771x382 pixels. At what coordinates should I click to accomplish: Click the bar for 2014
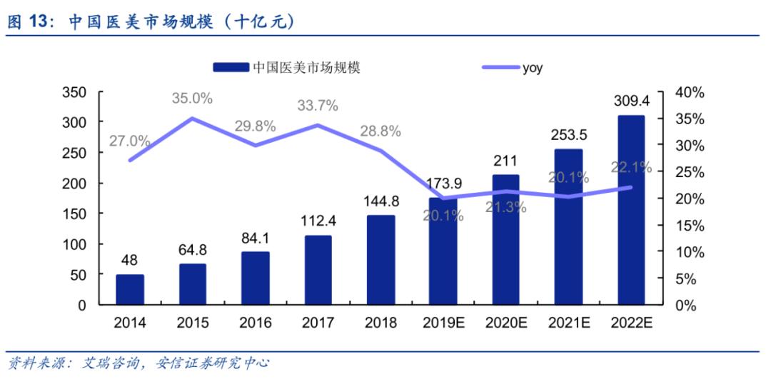tap(130, 289)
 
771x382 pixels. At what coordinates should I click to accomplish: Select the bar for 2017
tap(318, 270)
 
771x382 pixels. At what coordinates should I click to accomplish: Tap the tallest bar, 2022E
tap(630, 210)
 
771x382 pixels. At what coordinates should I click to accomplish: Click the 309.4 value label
tap(630, 101)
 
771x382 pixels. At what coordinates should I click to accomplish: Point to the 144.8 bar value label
tap(381, 201)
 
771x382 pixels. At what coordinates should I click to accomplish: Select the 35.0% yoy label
tap(192, 99)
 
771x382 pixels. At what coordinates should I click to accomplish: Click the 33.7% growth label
tap(318, 106)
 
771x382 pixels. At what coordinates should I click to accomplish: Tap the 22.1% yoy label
tap(631, 167)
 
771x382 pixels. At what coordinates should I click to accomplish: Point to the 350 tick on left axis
tap(75, 92)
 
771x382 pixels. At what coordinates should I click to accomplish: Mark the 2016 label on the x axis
tap(256, 323)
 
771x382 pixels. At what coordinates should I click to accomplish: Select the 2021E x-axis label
tap(568, 323)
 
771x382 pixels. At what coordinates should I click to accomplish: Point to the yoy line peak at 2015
tap(192, 119)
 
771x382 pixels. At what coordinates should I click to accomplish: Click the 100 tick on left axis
tap(75, 244)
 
